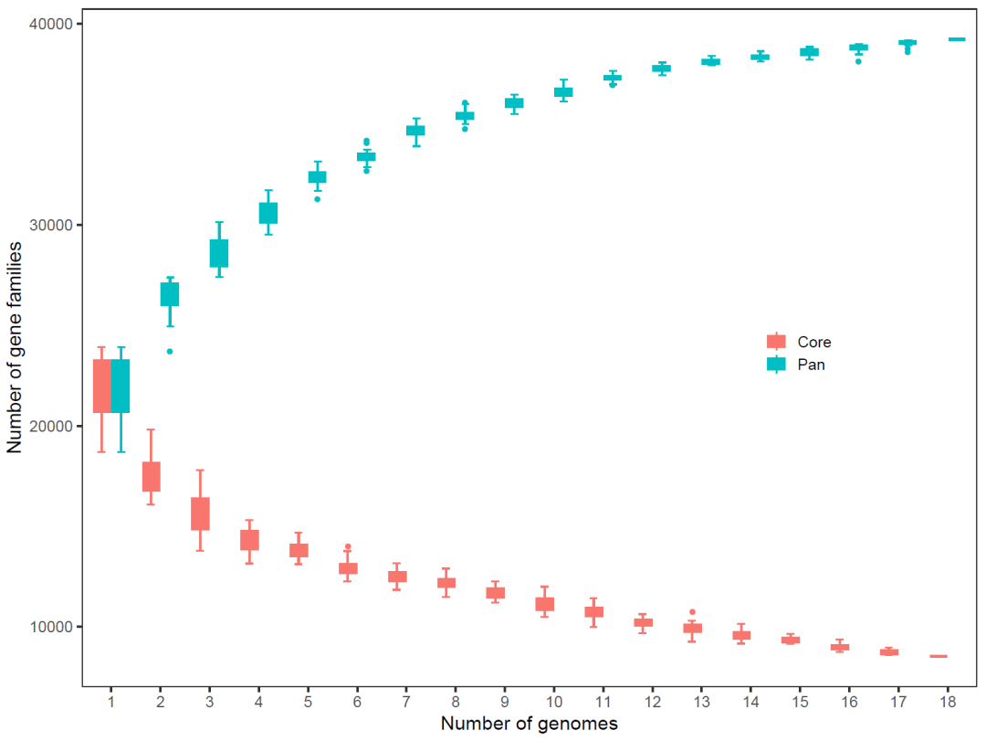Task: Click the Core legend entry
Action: click(802, 343)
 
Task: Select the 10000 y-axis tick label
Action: click(56, 627)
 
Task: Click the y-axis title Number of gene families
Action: click(16, 348)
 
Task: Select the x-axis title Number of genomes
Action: click(529, 724)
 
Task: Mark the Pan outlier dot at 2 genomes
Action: click(170, 351)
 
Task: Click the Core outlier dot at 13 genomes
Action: click(692, 612)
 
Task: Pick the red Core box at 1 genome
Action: click(102, 386)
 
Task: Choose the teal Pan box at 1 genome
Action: click(121, 386)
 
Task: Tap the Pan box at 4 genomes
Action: click(268, 213)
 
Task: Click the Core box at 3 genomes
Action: click(200, 513)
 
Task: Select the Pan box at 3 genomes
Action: click(219, 253)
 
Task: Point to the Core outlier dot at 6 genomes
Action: click(347, 546)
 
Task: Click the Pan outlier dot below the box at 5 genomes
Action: click(318, 198)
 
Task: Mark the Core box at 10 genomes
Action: click(544, 604)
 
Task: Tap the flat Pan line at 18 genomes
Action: click(957, 39)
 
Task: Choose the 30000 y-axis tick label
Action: click(56, 225)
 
